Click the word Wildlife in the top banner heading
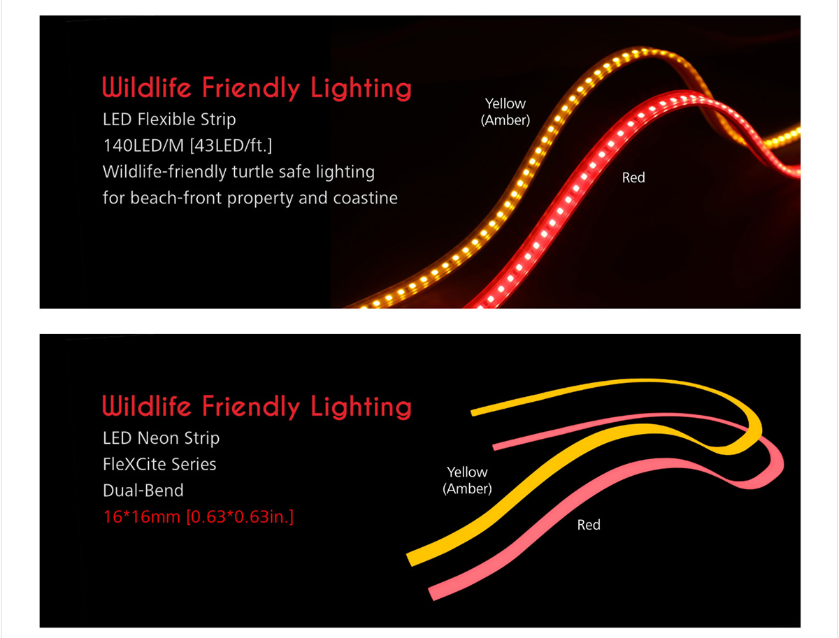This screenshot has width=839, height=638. click(x=146, y=87)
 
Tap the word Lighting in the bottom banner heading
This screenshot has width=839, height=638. click(x=361, y=407)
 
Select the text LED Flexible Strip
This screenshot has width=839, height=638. click(x=169, y=119)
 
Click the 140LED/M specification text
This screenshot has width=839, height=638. click(x=144, y=145)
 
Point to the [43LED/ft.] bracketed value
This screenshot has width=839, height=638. click(x=231, y=145)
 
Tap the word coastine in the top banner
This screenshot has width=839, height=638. click(x=365, y=198)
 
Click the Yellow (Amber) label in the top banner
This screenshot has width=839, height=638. click(x=505, y=112)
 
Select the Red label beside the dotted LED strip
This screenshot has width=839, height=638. click(x=633, y=177)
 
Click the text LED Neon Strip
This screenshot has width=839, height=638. click(x=161, y=438)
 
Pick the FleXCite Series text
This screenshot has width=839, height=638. click(x=159, y=464)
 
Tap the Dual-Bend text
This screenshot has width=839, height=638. click(x=143, y=491)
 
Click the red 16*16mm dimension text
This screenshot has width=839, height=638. click(x=142, y=517)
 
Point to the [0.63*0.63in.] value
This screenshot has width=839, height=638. click(x=240, y=517)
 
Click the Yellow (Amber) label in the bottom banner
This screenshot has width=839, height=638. click(x=467, y=480)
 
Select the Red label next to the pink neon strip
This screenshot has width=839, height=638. click(x=589, y=525)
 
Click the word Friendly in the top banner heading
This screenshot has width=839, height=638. click(x=251, y=88)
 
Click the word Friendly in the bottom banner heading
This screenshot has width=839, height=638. click(x=251, y=407)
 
